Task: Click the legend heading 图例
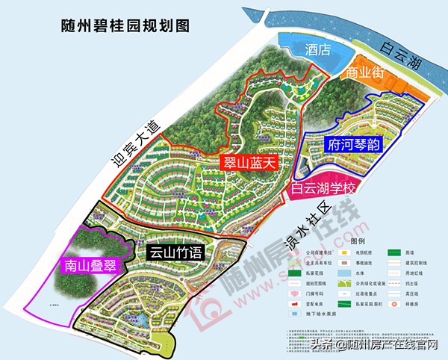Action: pos(355,241)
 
